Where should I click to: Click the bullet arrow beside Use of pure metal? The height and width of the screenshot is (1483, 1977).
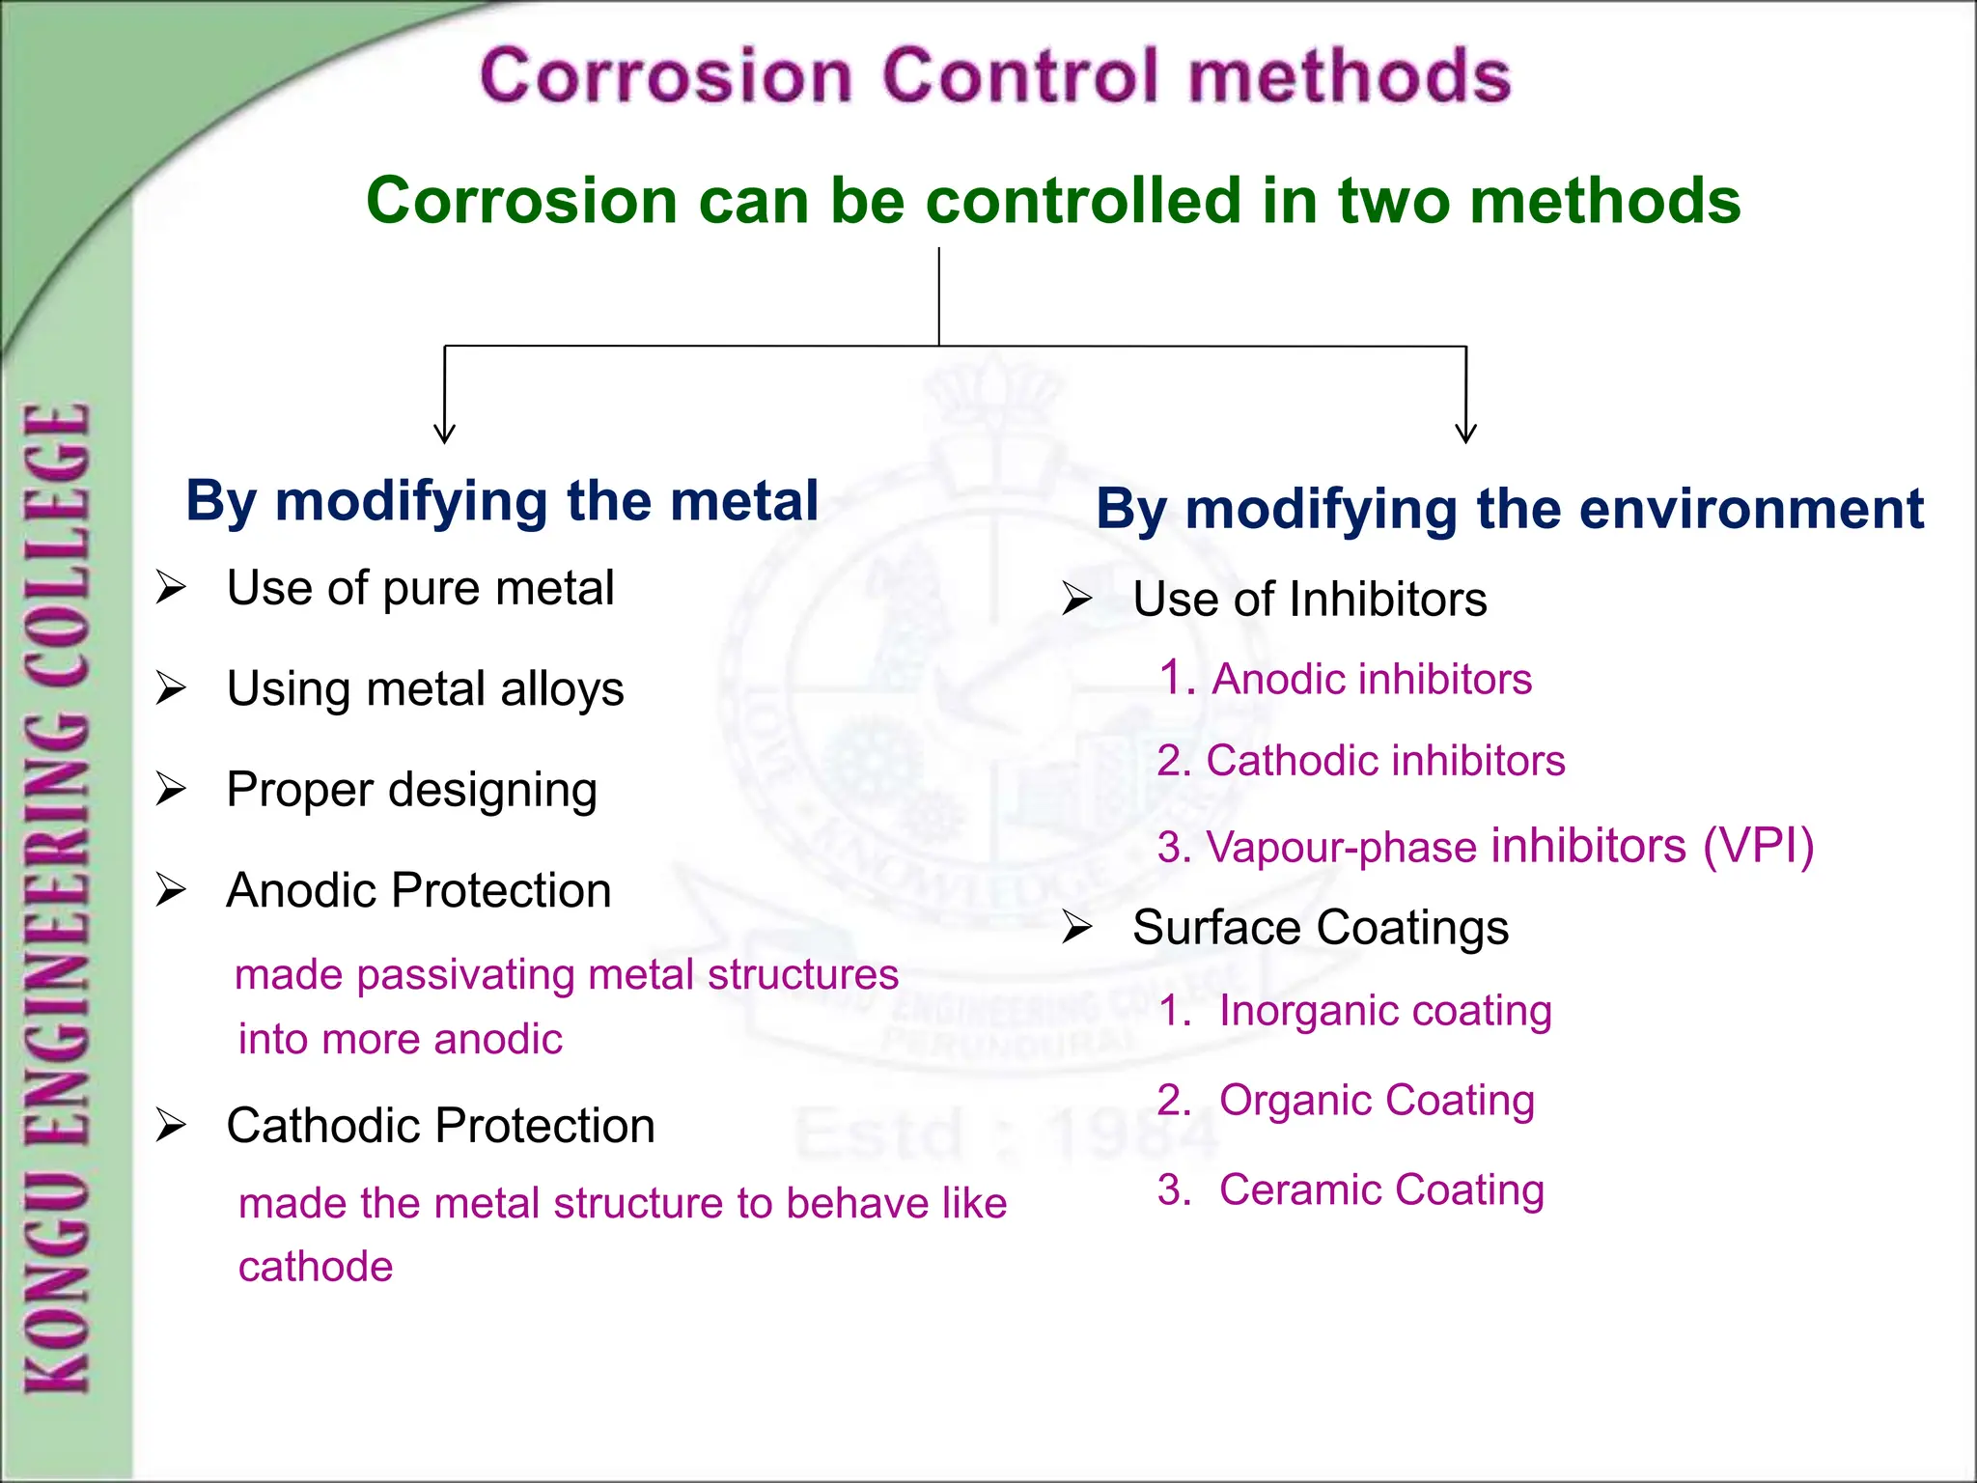click(x=171, y=587)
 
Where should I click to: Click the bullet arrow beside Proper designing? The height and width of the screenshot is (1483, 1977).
click(x=171, y=789)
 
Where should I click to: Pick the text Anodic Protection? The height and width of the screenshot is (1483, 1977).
click(x=418, y=889)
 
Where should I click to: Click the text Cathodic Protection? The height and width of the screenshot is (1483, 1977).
click(x=440, y=1125)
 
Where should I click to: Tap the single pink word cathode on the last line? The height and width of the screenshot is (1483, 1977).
click(x=316, y=1266)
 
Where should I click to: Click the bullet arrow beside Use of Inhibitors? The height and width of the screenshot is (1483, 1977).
click(x=1076, y=600)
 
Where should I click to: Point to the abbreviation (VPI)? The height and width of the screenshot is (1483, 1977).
click(x=1758, y=846)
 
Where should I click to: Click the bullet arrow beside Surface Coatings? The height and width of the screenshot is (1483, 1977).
click(x=1076, y=928)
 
